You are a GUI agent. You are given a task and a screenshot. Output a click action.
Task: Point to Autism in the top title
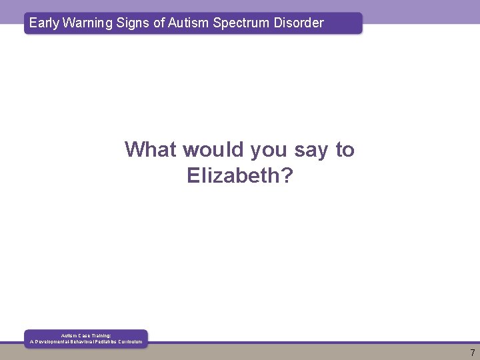(x=189, y=23)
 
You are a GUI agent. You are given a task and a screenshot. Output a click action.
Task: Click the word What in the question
(x=151, y=149)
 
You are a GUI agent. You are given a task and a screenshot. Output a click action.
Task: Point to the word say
(x=311, y=151)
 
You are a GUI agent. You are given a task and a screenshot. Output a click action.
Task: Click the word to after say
(x=345, y=149)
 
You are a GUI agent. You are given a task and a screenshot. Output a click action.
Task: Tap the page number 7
(x=472, y=353)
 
